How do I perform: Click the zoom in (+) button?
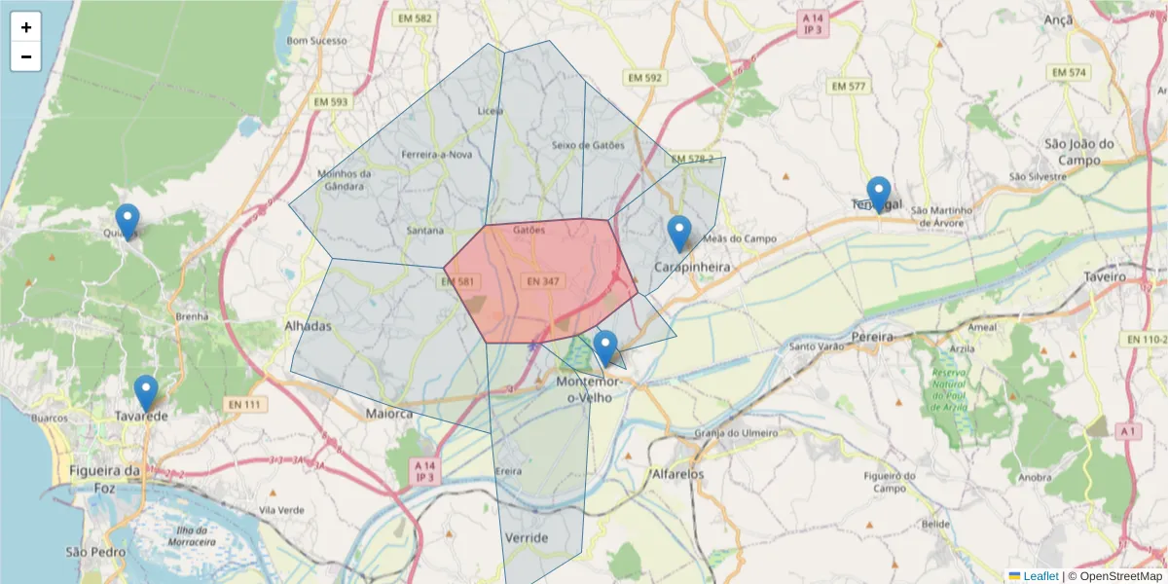pyautogui.click(x=26, y=27)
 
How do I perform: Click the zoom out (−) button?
pyautogui.click(x=26, y=56)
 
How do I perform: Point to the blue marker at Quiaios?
pyautogui.click(x=128, y=222)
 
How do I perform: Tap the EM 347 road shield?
pyautogui.click(x=542, y=281)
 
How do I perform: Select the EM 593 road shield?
pyautogui.click(x=331, y=101)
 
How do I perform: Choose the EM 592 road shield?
pyautogui.click(x=644, y=77)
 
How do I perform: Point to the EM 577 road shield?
pyautogui.click(x=848, y=86)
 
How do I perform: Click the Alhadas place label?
pyautogui.click(x=308, y=326)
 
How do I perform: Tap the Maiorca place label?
pyautogui.click(x=389, y=414)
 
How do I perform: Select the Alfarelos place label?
pyautogui.click(x=678, y=474)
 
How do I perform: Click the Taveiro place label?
pyautogui.click(x=1105, y=276)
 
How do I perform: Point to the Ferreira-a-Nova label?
pyautogui.click(x=437, y=154)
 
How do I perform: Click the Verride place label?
pyautogui.click(x=527, y=537)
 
